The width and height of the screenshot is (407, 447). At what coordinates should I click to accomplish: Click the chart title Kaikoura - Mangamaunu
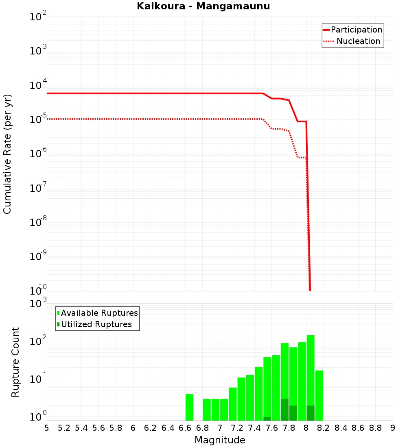coord(203,6)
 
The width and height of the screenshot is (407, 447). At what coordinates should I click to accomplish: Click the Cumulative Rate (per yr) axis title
coord(7,154)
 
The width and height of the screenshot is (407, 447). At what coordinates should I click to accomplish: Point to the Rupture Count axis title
coord(15,362)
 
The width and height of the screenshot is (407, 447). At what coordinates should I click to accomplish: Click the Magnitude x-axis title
coord(220,440)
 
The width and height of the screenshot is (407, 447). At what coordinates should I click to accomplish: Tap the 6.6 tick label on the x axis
coord(185,428)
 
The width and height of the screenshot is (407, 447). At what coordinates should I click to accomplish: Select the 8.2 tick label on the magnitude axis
coord(324,428)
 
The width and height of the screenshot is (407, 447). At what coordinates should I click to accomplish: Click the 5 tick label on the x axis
coord(47,428)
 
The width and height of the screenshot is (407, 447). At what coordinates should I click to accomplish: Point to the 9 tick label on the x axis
coord(393,428)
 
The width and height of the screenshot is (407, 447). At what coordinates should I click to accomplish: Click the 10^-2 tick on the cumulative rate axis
coord(38,17)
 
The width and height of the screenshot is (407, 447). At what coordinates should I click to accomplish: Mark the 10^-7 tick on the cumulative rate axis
coord(38,189)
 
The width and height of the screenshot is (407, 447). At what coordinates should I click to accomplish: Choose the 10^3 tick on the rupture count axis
coord(38,304)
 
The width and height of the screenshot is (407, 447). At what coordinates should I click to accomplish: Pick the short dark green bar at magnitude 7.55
coord(267,419)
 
